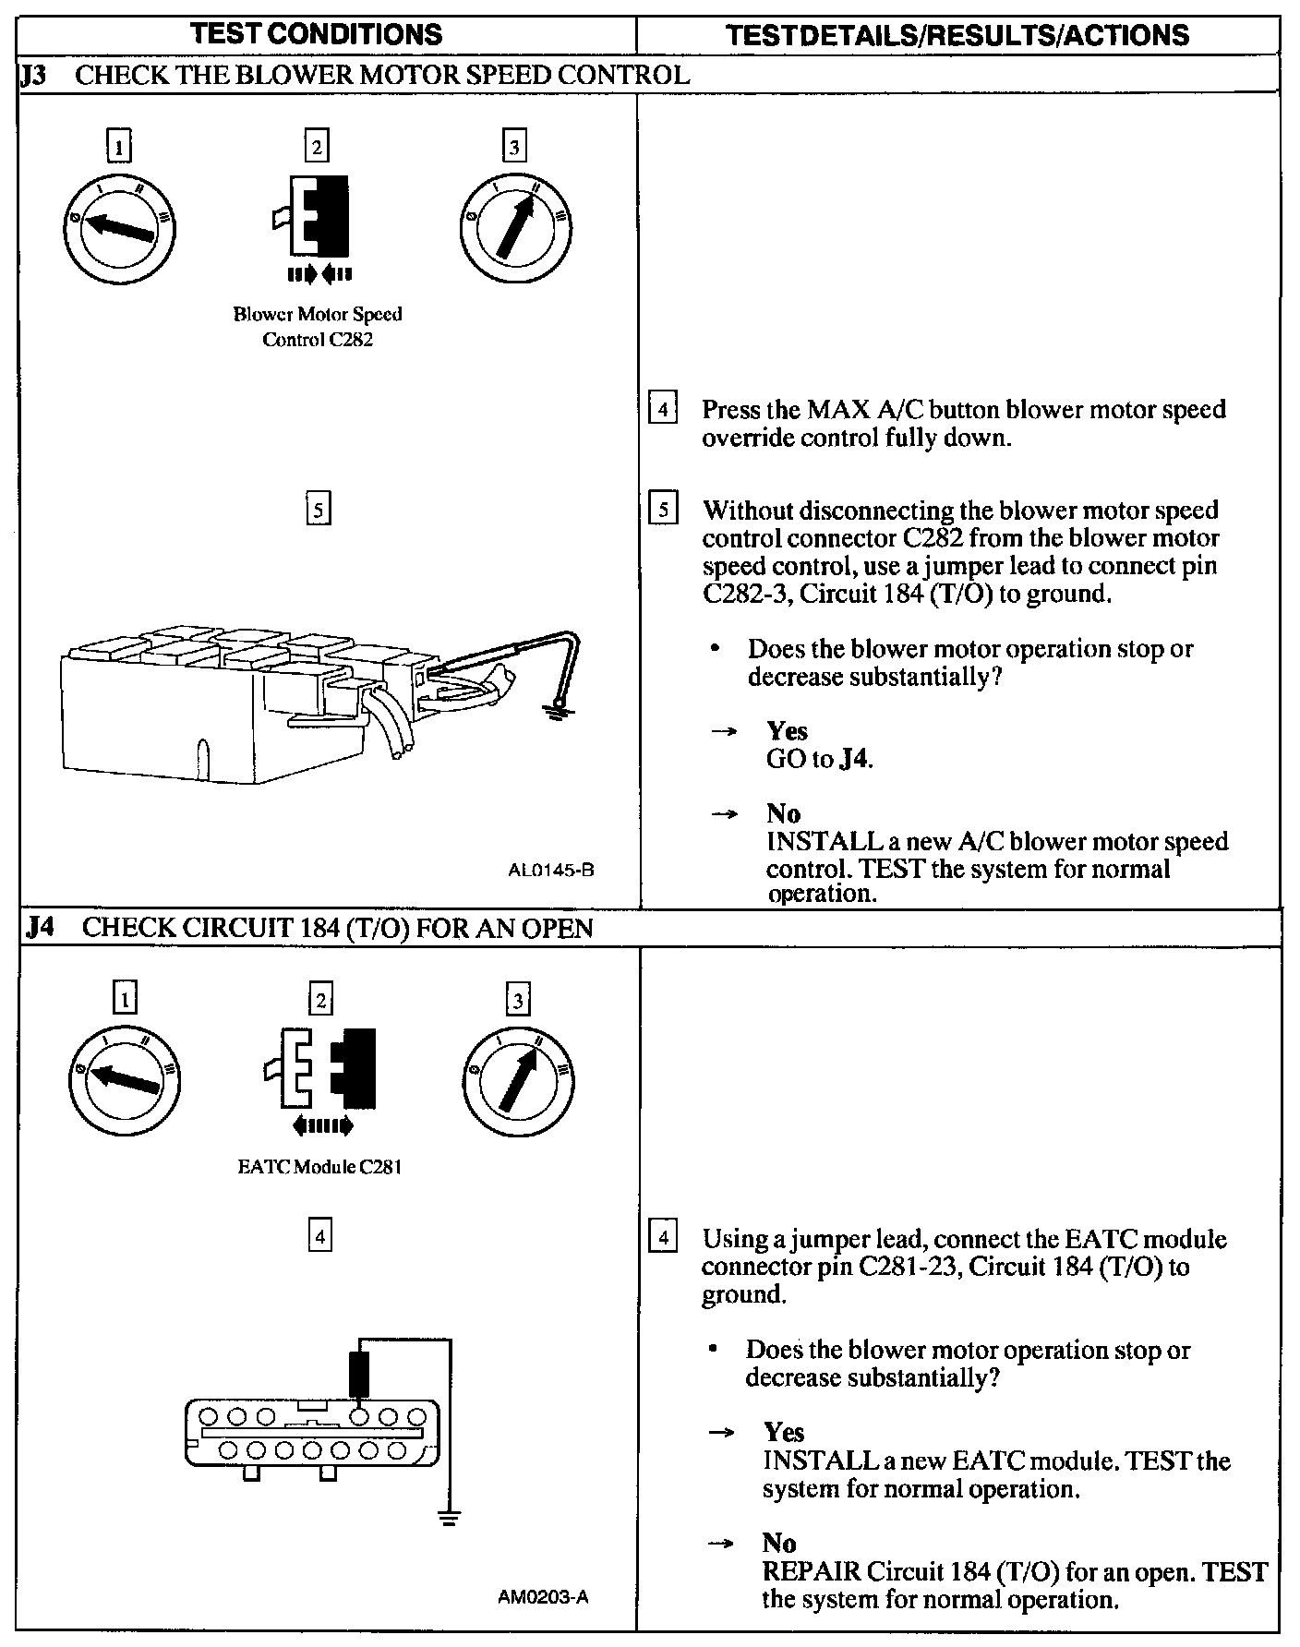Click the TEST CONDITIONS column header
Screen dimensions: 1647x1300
pos(316,35)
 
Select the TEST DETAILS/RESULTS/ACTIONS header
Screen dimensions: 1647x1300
pos(957,35)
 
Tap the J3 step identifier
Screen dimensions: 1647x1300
pos(34,75)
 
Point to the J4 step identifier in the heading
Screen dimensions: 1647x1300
pos(39,927)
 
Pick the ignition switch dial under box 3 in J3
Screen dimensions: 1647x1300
pos(514,226)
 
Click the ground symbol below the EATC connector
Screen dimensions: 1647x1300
pos(449,1517)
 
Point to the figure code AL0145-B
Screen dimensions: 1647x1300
pos(550,870)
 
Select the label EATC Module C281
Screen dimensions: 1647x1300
pos(319,1167)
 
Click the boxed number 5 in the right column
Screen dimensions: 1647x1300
pos(663,510)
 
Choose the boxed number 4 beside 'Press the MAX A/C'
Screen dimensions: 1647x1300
pos(663,408)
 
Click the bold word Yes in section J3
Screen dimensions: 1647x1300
pos(787,731)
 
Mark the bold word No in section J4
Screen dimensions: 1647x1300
pos(779,1543)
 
